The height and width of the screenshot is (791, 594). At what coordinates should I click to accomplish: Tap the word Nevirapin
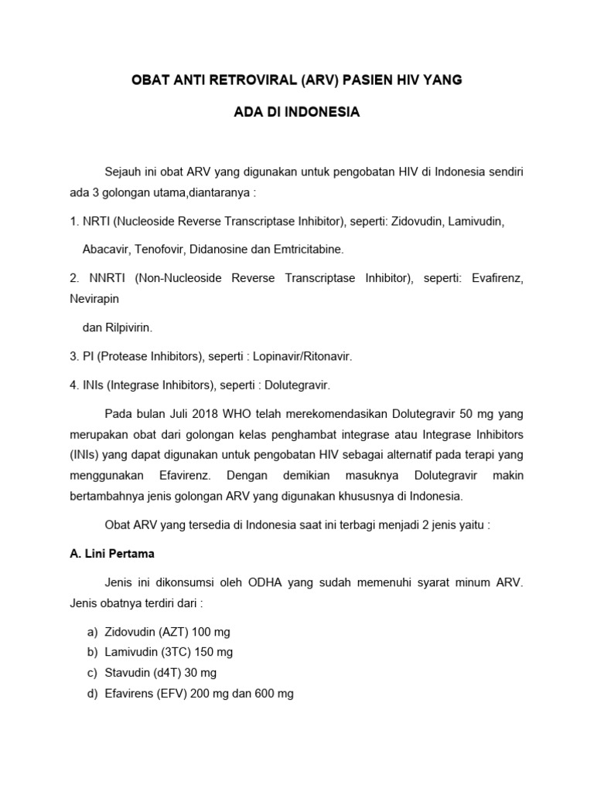(94, 297)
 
